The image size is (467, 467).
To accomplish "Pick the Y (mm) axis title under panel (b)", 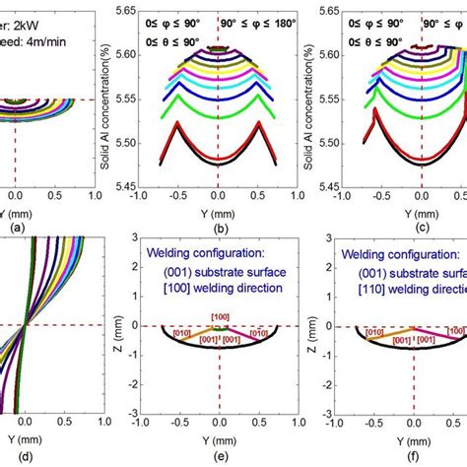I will click(218, 214).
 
